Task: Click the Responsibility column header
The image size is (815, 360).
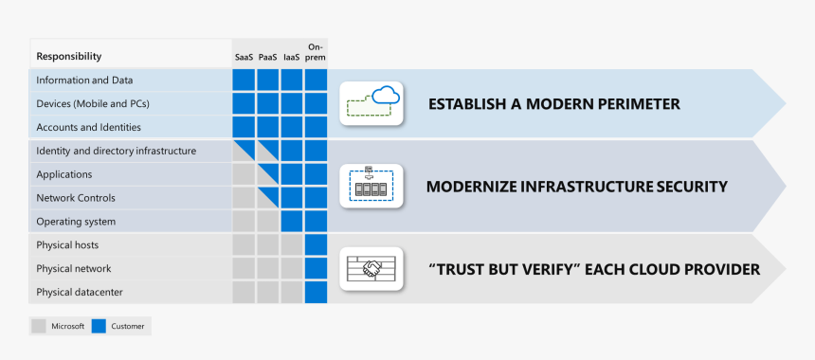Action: [68, 57]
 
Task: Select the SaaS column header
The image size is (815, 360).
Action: [244, 57]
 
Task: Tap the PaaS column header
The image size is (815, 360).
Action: [267, 57]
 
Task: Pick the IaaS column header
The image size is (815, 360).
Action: [291, 57]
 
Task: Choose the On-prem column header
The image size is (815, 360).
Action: [316, 52]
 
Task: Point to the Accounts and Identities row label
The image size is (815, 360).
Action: [88, 127]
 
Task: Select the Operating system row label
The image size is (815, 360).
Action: [76, 222]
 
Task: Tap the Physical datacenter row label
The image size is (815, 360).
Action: [80, 292]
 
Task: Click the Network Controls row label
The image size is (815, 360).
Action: [76, 198]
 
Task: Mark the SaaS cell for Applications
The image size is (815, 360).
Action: [244, 174]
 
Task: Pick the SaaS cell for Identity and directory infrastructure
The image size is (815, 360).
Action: [244, 151]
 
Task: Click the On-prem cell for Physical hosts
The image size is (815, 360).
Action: [316, 245]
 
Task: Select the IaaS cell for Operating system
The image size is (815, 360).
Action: [291, 222]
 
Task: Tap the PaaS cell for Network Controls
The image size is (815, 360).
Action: [267, 198]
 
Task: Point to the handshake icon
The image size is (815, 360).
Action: [371, 269]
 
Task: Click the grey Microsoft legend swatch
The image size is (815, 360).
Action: [39, 326]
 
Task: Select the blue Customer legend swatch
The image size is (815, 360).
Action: [100, 326]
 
